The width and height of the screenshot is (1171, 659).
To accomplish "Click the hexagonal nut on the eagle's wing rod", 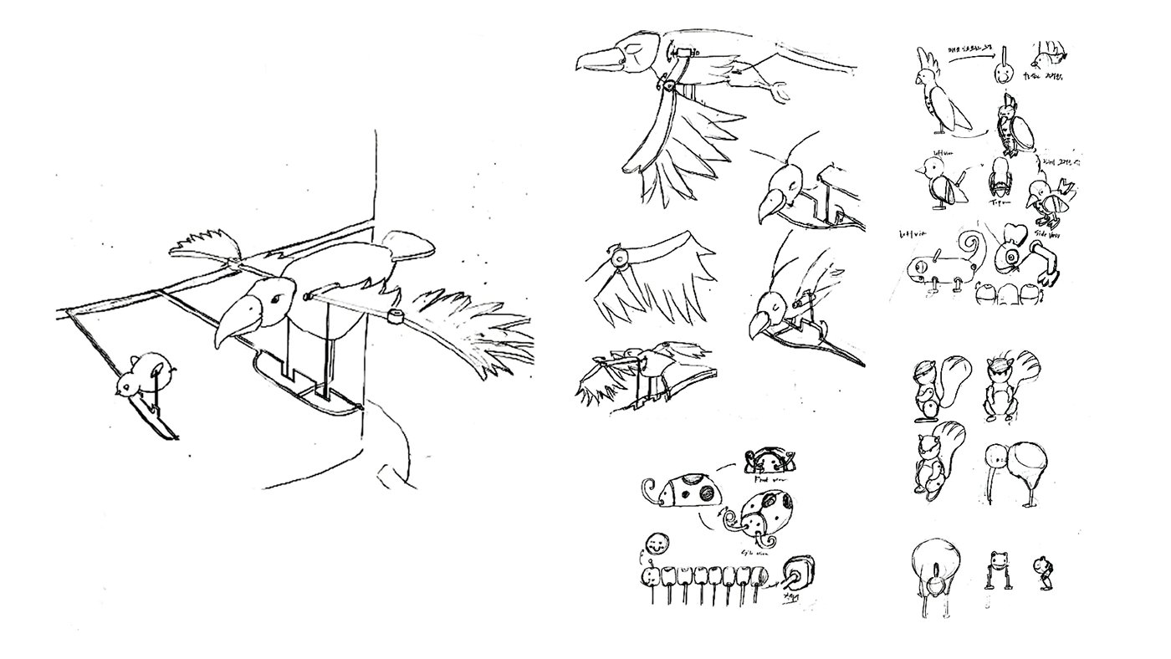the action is click(395, 316).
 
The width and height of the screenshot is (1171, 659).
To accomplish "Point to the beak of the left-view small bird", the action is click(918, 171).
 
